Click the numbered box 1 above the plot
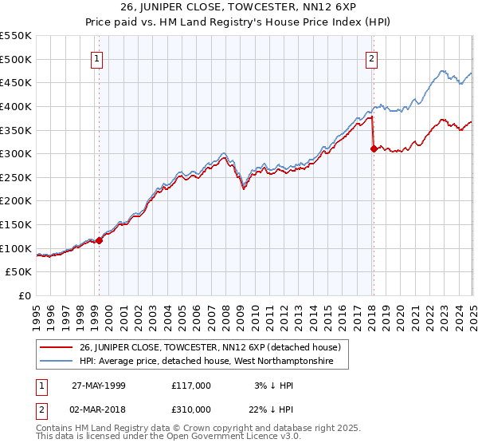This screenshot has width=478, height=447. [x=96, y=57]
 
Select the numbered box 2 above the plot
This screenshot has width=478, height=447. [x=371, y=57]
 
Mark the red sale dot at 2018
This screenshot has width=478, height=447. [x=373, y=148]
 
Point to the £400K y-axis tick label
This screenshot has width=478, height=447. [x=17, y=106]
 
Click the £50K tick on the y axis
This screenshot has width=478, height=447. [x=20, y=272]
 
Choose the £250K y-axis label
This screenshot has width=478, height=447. [x=17, y=177]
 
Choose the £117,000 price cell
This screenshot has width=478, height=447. [x=190, y=386]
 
